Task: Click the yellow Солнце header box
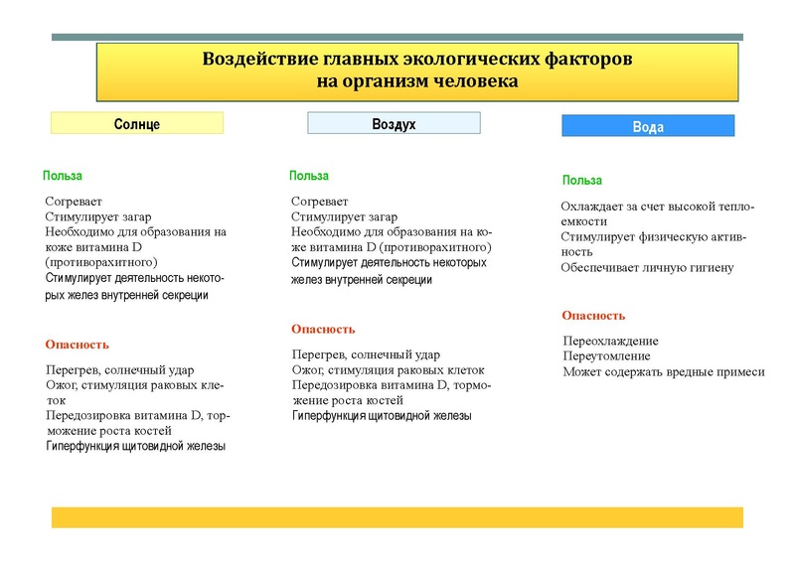[x=137, y=123]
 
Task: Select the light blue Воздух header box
[x=394, y=123]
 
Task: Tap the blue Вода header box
[x=648, y=126]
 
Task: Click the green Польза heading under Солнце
[x=63, y=176]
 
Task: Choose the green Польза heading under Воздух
[x=309, y=176]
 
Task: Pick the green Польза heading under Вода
[x=581, y=180]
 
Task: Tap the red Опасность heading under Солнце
[x=77, y=345]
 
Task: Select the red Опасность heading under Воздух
[x=323, y=329]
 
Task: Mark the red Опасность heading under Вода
[x=593, y=316]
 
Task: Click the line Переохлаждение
[x=610, y=341]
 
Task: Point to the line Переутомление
[x=606, y=355]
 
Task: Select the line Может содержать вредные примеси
[x=663, y=371]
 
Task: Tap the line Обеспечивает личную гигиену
[x=647, y=267]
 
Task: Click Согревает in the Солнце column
[x=74, y=202]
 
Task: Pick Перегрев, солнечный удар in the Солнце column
[x=119, y=369]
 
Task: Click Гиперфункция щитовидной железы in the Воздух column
[x=381, y=415]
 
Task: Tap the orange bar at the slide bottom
[x=397, y=517]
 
